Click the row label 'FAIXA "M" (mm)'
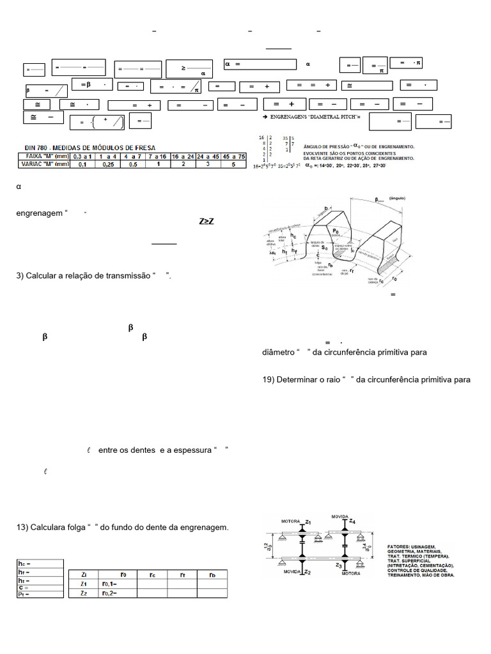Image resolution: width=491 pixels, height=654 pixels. (x=43, y=155)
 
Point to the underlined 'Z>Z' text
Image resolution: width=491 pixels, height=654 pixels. (x=207, y=222)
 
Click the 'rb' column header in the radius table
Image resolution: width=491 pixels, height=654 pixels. (x=212, y=574)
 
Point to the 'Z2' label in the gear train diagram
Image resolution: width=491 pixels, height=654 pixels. (x=308, y=572)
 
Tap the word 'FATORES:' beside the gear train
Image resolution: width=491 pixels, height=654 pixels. (x=400, y=547)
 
